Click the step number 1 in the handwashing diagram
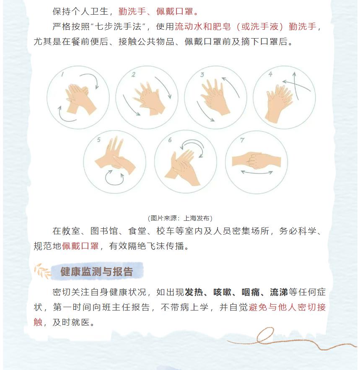[x=62, y=74]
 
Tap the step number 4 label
[x=271, y=74]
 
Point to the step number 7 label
[x=242, y=140]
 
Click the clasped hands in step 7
[x=256, y=160]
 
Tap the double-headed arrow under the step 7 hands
[x=257, y=173]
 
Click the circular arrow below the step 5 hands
[x=114, y=178]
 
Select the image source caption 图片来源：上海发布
[x=180, y=218]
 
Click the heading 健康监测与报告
[x=97, y=272]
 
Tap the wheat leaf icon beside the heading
[x=42, y=271]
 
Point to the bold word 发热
[x=194, y=292]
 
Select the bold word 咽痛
[x=251, y=292]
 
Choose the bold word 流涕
[x=279, y=292]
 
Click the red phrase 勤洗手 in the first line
[x=132, y=11]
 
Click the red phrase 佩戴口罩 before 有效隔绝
[x=80, y=246]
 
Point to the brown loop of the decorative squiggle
[x=265, y=335]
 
